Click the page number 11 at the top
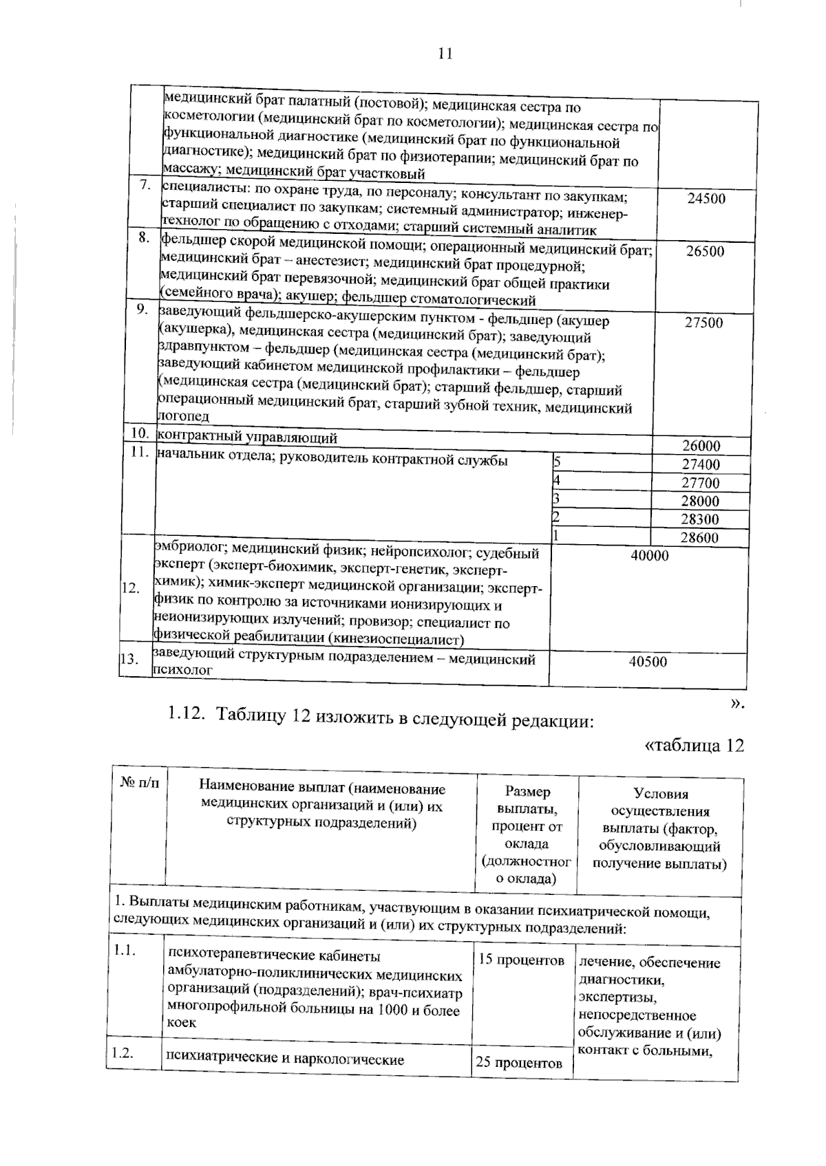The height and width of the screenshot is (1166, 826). (445, 54)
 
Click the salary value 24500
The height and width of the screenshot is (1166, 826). (706, 199)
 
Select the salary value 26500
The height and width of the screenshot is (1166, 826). (705, 252)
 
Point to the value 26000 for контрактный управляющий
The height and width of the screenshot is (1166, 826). (701, 446)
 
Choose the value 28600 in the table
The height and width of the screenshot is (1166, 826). (700, 538)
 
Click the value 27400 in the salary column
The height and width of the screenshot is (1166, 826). (700, 464)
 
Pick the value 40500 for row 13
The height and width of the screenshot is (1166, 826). (648, 662)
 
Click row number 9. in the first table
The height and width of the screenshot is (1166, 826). (142, 310)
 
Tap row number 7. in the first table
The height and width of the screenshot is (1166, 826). (145, 185)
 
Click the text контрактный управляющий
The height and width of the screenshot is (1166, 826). (247, 437)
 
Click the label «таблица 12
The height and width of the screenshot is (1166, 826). (694, 746)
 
